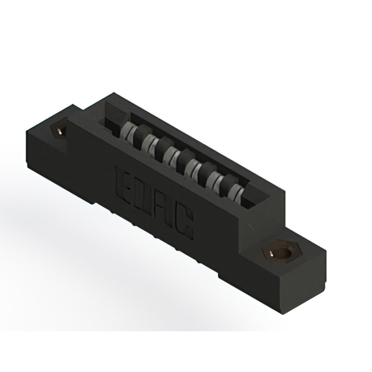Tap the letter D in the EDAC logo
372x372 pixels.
(145, 195)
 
